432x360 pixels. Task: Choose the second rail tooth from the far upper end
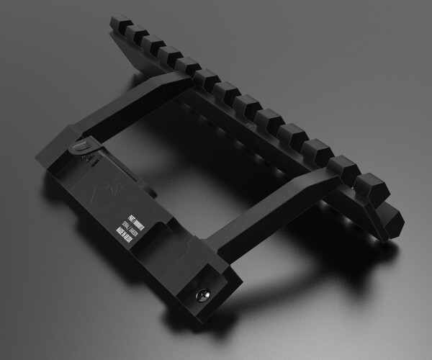[135, 36]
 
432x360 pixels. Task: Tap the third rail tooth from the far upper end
[153, 45]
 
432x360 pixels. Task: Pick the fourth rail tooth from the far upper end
[171, 55]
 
